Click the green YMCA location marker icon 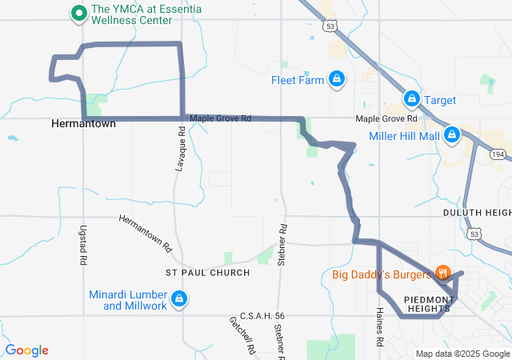point(79,14)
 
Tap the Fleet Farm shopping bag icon point(338,79)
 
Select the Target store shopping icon point(410,99)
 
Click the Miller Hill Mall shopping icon point(452,134)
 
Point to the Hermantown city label point(83,124)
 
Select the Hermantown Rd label point(146,233)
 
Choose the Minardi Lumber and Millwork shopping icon point(178,299)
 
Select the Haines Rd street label point(379,327)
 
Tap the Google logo point(26,350)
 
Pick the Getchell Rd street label point(242,334)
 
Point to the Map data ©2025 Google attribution point(462,354)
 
